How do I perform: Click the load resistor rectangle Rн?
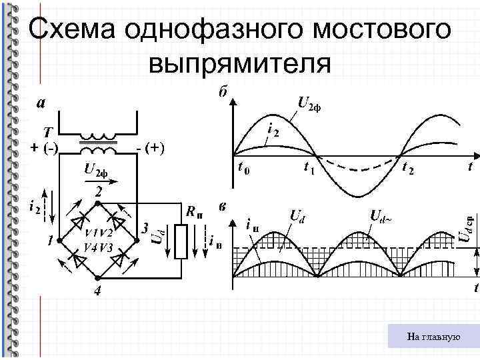(x=180, y=241)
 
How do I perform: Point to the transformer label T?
(x=48, y=131)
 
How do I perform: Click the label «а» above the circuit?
(x=41, y=103)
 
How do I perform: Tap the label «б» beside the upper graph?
(x=222, y=92)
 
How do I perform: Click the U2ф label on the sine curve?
(x=309, y=105)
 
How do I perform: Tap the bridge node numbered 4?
(x=97, y=292)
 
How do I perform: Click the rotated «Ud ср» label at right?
(x=470, y=227)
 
